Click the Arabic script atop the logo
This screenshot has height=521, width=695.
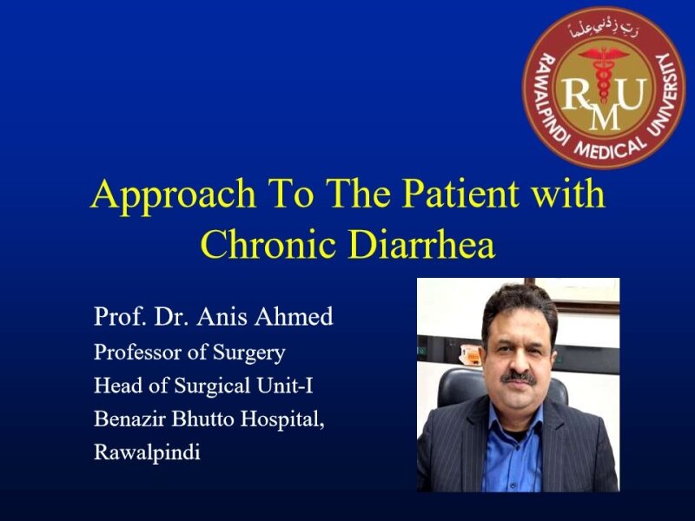click(603, 32)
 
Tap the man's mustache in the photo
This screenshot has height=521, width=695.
click(520, 378)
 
